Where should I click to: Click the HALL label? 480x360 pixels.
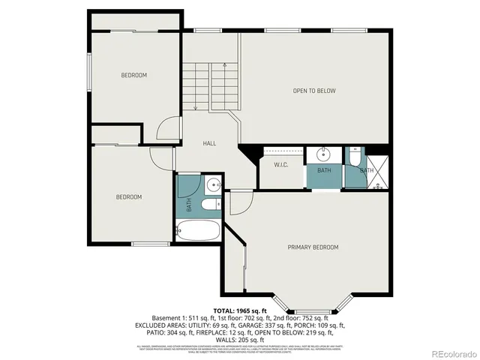click(209, 142)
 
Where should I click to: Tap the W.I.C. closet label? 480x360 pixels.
click(282, 165)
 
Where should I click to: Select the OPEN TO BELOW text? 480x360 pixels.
click(314, 91)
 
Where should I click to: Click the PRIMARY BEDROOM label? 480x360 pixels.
click(313, 247)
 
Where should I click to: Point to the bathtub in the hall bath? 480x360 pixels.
click(199, 230)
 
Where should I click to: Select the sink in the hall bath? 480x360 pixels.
click(212, 184)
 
